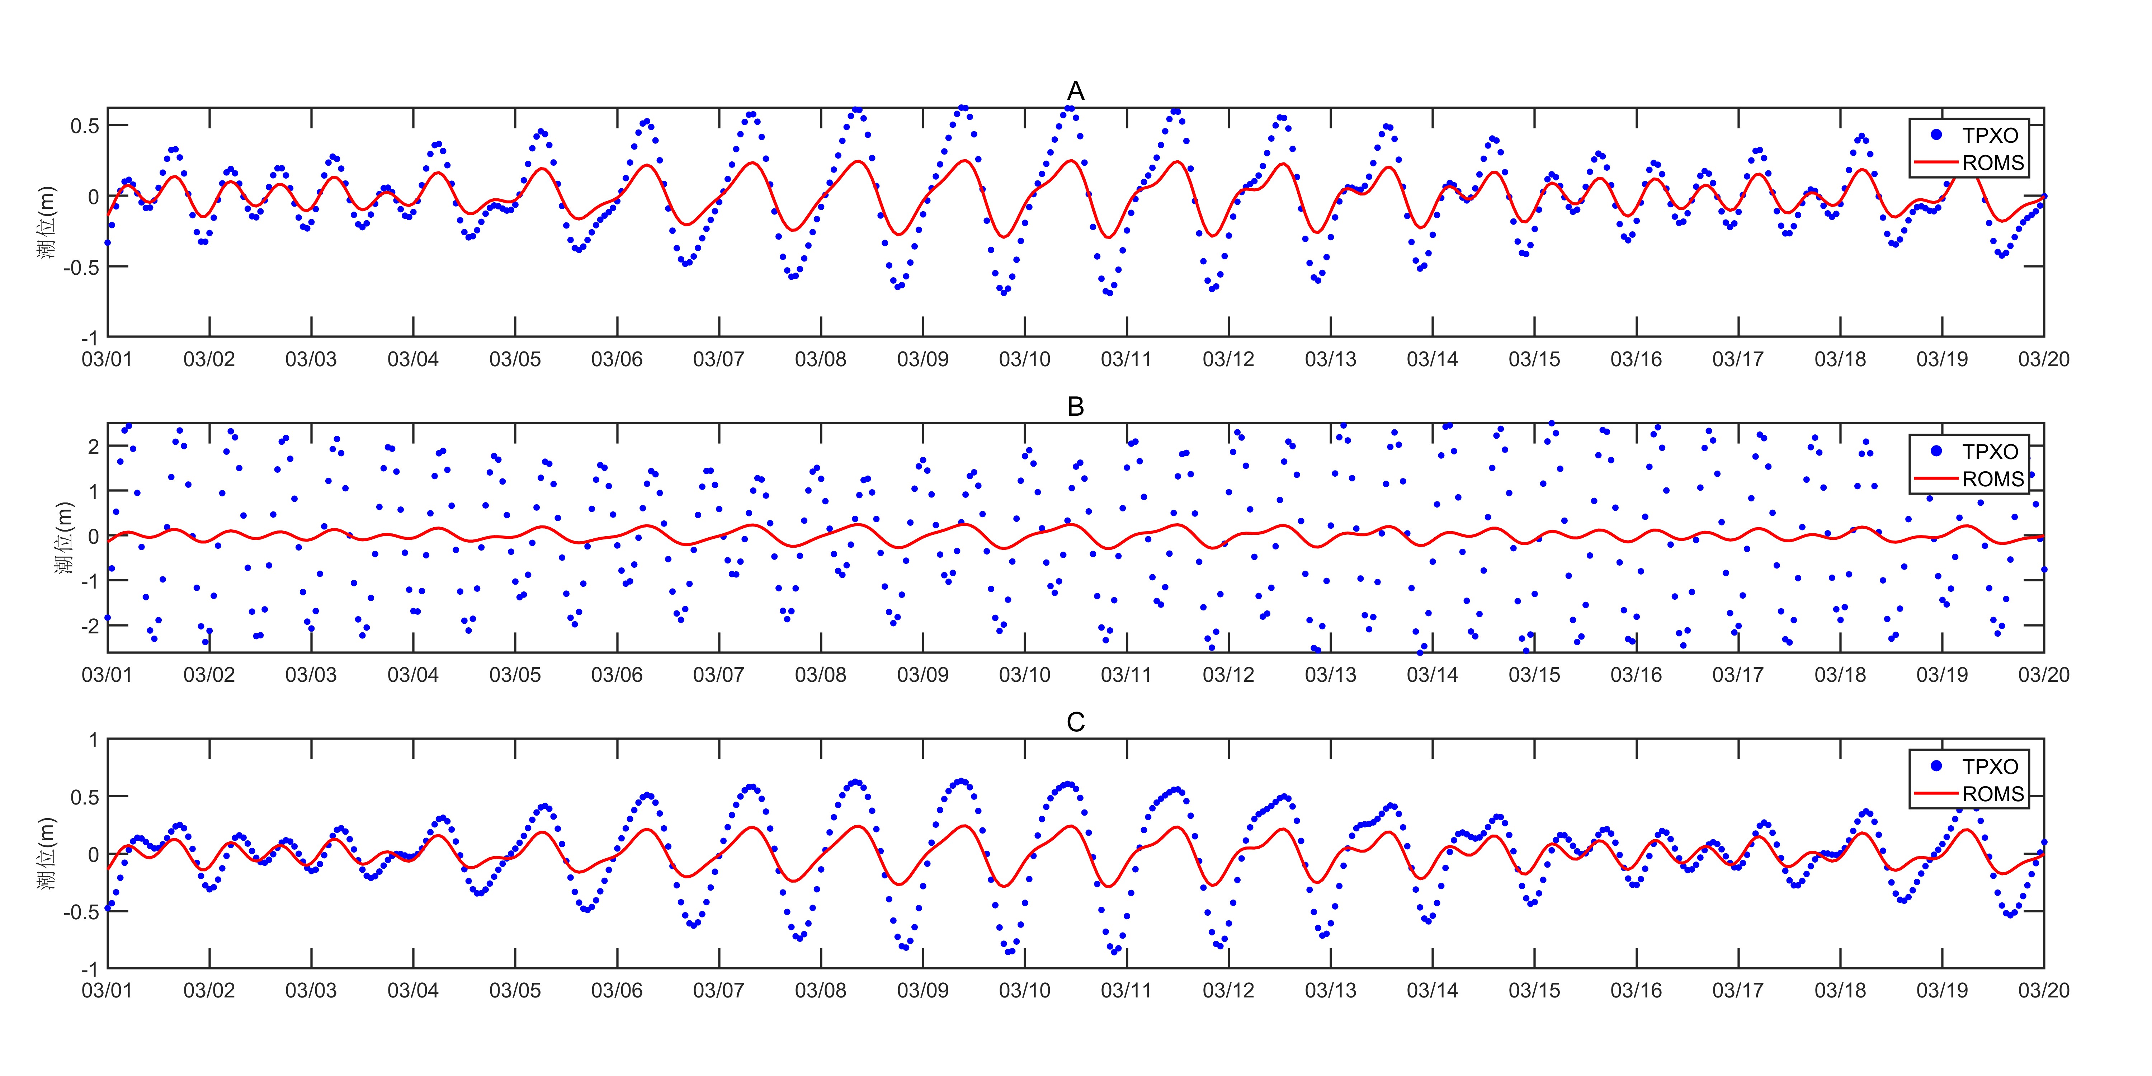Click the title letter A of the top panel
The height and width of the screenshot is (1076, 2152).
pos(1075,91)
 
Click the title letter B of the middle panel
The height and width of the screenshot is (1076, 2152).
pos(1075,407)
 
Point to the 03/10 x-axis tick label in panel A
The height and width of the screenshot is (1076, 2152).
pos(1024,359)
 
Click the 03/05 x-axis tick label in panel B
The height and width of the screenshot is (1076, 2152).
pos(515,675)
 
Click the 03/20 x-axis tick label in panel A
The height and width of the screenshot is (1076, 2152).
pos(2043,359)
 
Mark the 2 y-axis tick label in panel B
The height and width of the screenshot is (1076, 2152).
pos(94,447)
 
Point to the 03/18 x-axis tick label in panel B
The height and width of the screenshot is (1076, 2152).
pos(1840,675)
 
